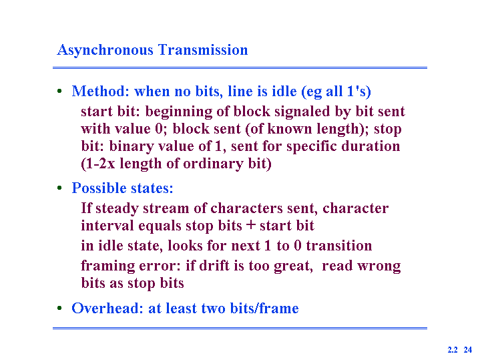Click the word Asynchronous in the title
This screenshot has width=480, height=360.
pos(105,50)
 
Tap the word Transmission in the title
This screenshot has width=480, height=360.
pos(203,49)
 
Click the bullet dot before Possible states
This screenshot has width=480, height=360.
pos(59,188)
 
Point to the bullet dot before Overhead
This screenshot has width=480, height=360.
pos(59,308)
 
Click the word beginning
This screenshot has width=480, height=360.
pos(179,112)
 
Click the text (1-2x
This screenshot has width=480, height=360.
pos(98,164)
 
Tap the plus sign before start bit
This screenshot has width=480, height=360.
pos(251,224)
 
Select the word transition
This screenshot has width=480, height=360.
pos(339,246)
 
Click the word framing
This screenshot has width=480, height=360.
pos(107,266)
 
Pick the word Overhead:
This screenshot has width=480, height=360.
pos(107,308)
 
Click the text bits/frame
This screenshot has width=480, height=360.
pos(264,308)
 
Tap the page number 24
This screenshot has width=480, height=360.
pos(468,349)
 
